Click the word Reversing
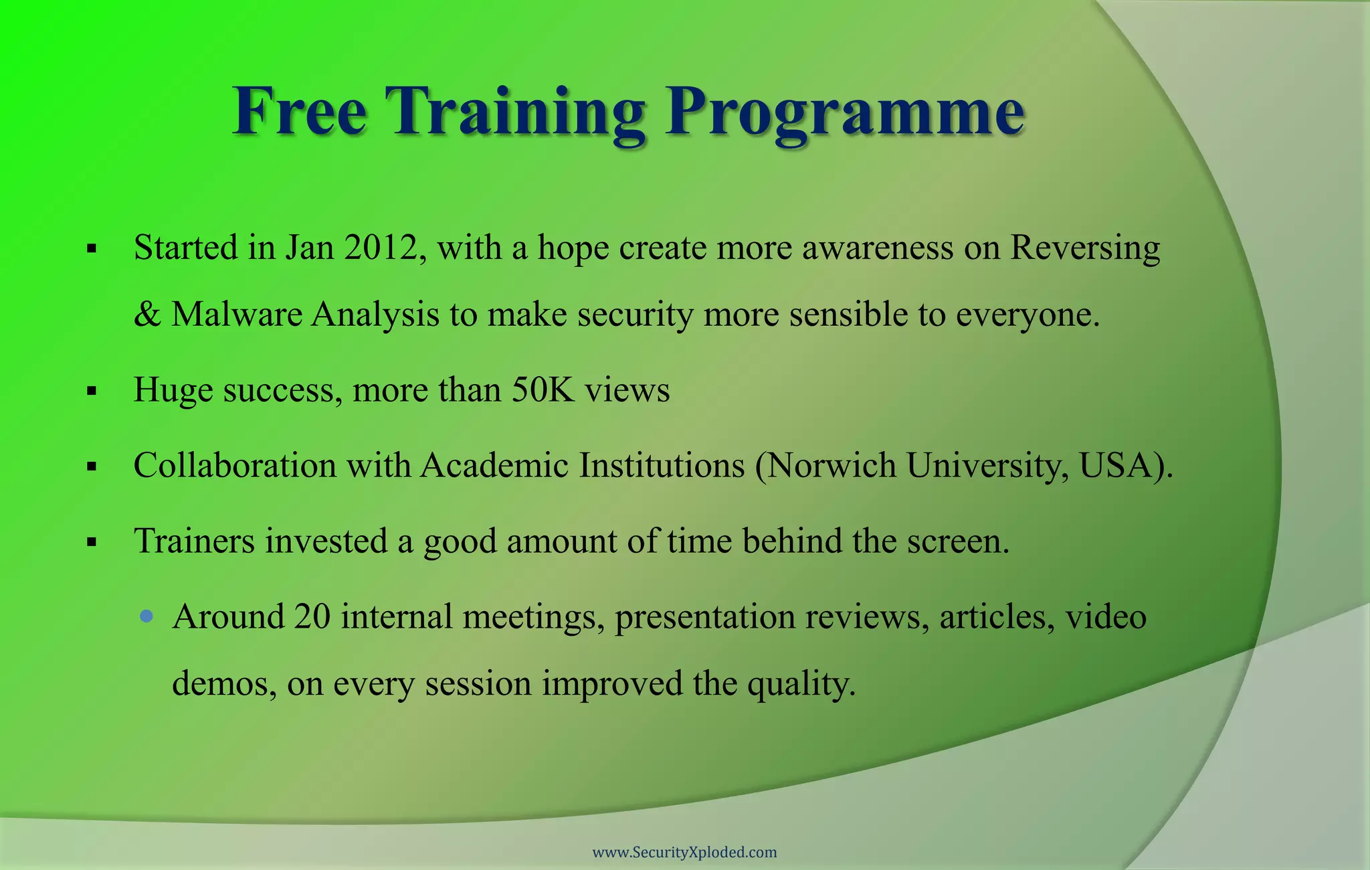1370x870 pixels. [x=1085, y=248]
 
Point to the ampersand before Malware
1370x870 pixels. [x=146, y=315]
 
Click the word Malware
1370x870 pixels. [x=237, y=315]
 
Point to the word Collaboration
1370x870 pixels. [x=235, y=465]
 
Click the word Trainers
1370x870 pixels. [x=194, y=541]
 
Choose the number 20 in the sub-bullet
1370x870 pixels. [x=312, y=616]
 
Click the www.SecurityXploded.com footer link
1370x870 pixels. [x=685, y=853]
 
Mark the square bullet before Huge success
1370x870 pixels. [x=92, y=391]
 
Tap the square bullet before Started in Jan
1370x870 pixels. [x=92, y=250]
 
